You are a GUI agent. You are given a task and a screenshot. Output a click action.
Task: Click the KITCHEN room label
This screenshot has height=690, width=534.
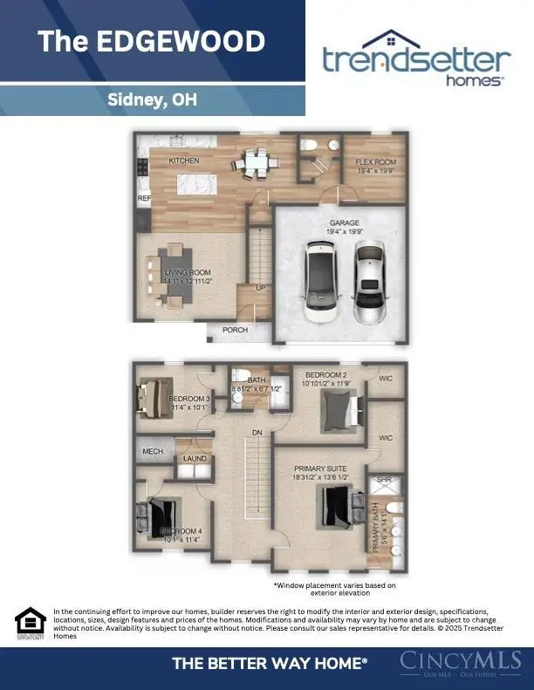184,161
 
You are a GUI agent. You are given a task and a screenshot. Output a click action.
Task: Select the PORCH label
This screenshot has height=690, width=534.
235,330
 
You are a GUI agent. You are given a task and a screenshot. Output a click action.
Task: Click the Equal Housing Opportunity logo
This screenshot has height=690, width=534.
31,622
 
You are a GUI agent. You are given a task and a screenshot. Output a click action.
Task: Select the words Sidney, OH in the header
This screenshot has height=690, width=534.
151,99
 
